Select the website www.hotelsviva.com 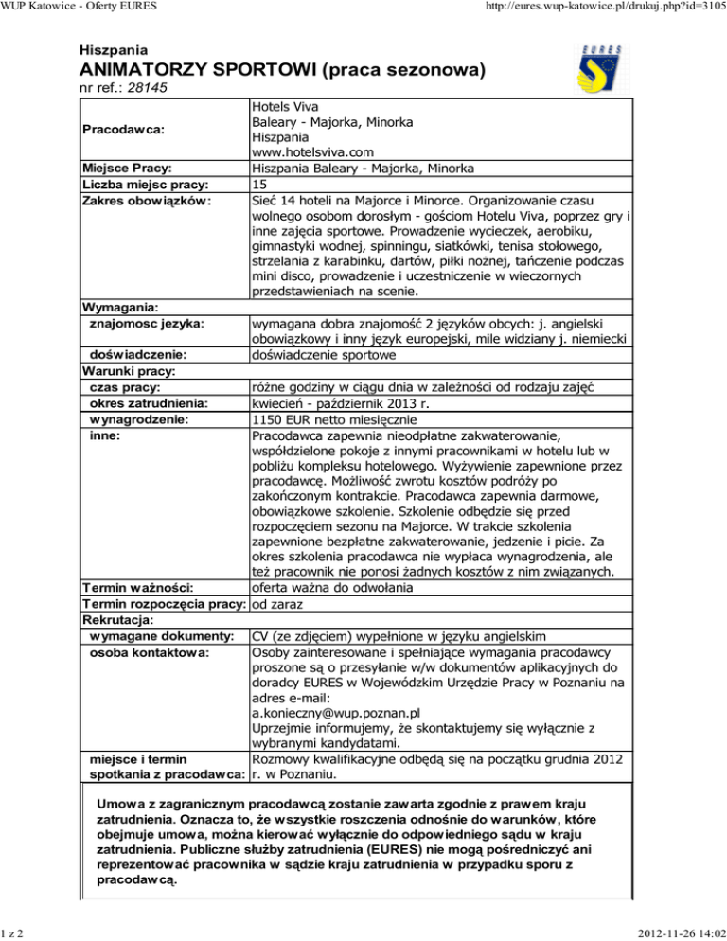point(313,151)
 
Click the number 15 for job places point(258,184)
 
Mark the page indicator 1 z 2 point(13,932)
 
